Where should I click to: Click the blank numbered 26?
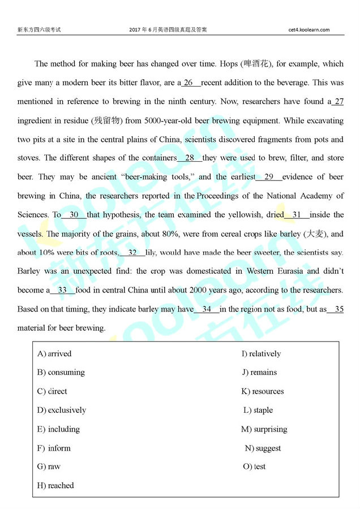[x=191, y=83]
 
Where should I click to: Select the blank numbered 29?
[x=269, y=177]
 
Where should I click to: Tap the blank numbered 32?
[x=132, y=252]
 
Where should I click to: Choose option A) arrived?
[x=54, y=354]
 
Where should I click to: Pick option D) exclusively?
[x=62, y=410]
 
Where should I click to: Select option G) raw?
[x=49, y=467]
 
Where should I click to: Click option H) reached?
[x=55, y=485]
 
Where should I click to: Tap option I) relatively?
[x=261, y=354]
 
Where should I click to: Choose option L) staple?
[x=258, y=410]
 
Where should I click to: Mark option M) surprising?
[x=264, y=429]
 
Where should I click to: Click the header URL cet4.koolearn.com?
[x=308, y=29]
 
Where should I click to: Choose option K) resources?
[x=263, y=391]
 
